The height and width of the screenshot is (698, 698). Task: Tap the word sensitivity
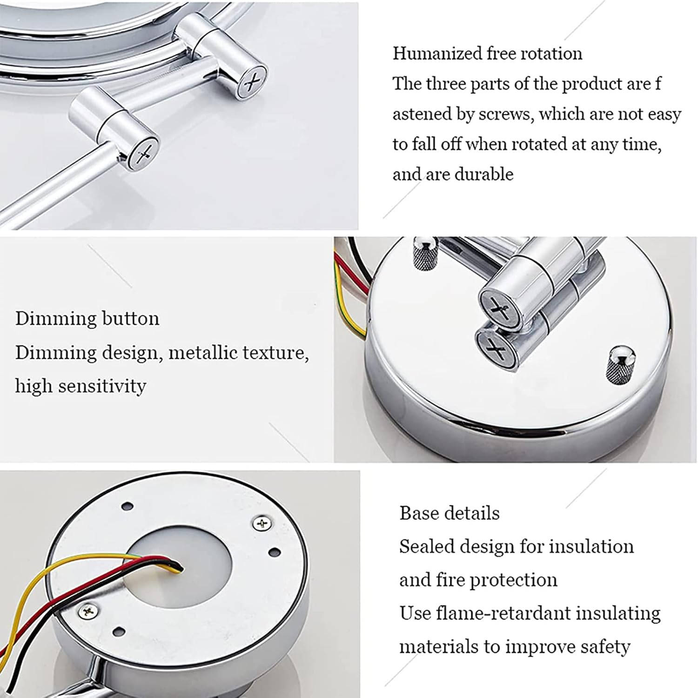(x=99, y=386)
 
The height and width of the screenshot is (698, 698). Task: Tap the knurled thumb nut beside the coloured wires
(x=424, y=253)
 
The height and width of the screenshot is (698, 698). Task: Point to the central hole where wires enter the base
(x=178, y=568)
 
